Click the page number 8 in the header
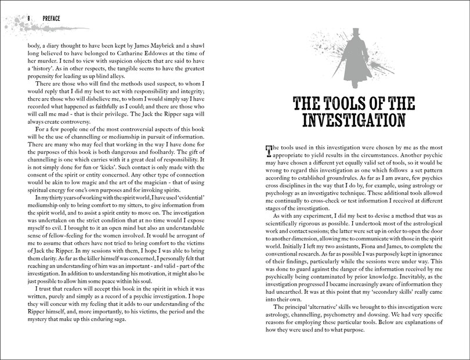click(28, 19)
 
